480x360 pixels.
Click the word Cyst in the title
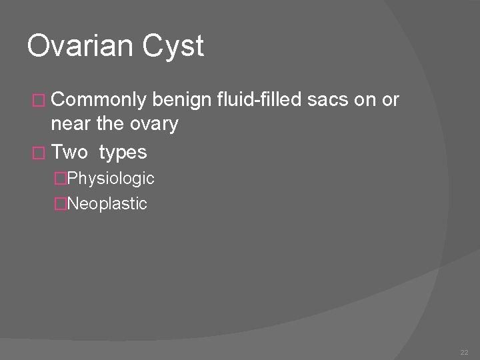pos(177,47)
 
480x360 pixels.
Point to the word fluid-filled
pos(261,100)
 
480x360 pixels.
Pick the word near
pos(71,123)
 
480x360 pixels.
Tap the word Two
pos(69,152)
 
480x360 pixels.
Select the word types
pos(123,153)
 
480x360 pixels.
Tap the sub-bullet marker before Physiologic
pos(61,179)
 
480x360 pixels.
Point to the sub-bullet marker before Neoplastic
pos(61,203)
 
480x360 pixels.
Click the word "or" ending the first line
pos(391,101)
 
